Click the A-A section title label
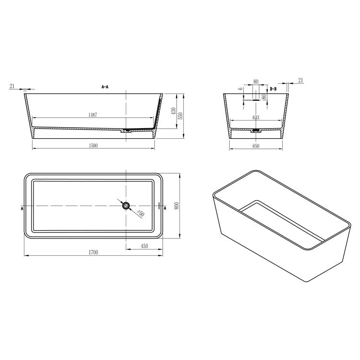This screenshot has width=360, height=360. tap(105, 87)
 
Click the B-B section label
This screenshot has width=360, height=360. tap(273, 89)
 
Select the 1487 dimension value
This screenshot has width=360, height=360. tap(94, 115)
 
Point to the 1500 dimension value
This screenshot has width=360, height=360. tap(93, 145)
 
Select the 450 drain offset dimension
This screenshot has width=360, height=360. tap(144, 246)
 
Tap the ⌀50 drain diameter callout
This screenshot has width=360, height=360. tap(141, 214)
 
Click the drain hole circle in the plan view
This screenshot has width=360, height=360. tap(126, 206)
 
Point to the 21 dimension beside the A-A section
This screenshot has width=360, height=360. tap(12, 86)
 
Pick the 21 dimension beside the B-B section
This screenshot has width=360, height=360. tap(300, 80)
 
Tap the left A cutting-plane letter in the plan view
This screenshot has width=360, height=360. tap(22, 209)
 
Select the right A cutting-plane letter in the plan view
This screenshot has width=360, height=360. tap(166, 209)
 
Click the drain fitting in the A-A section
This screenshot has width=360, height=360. tap(128, 130)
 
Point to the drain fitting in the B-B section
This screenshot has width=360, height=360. tap(256, 129)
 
